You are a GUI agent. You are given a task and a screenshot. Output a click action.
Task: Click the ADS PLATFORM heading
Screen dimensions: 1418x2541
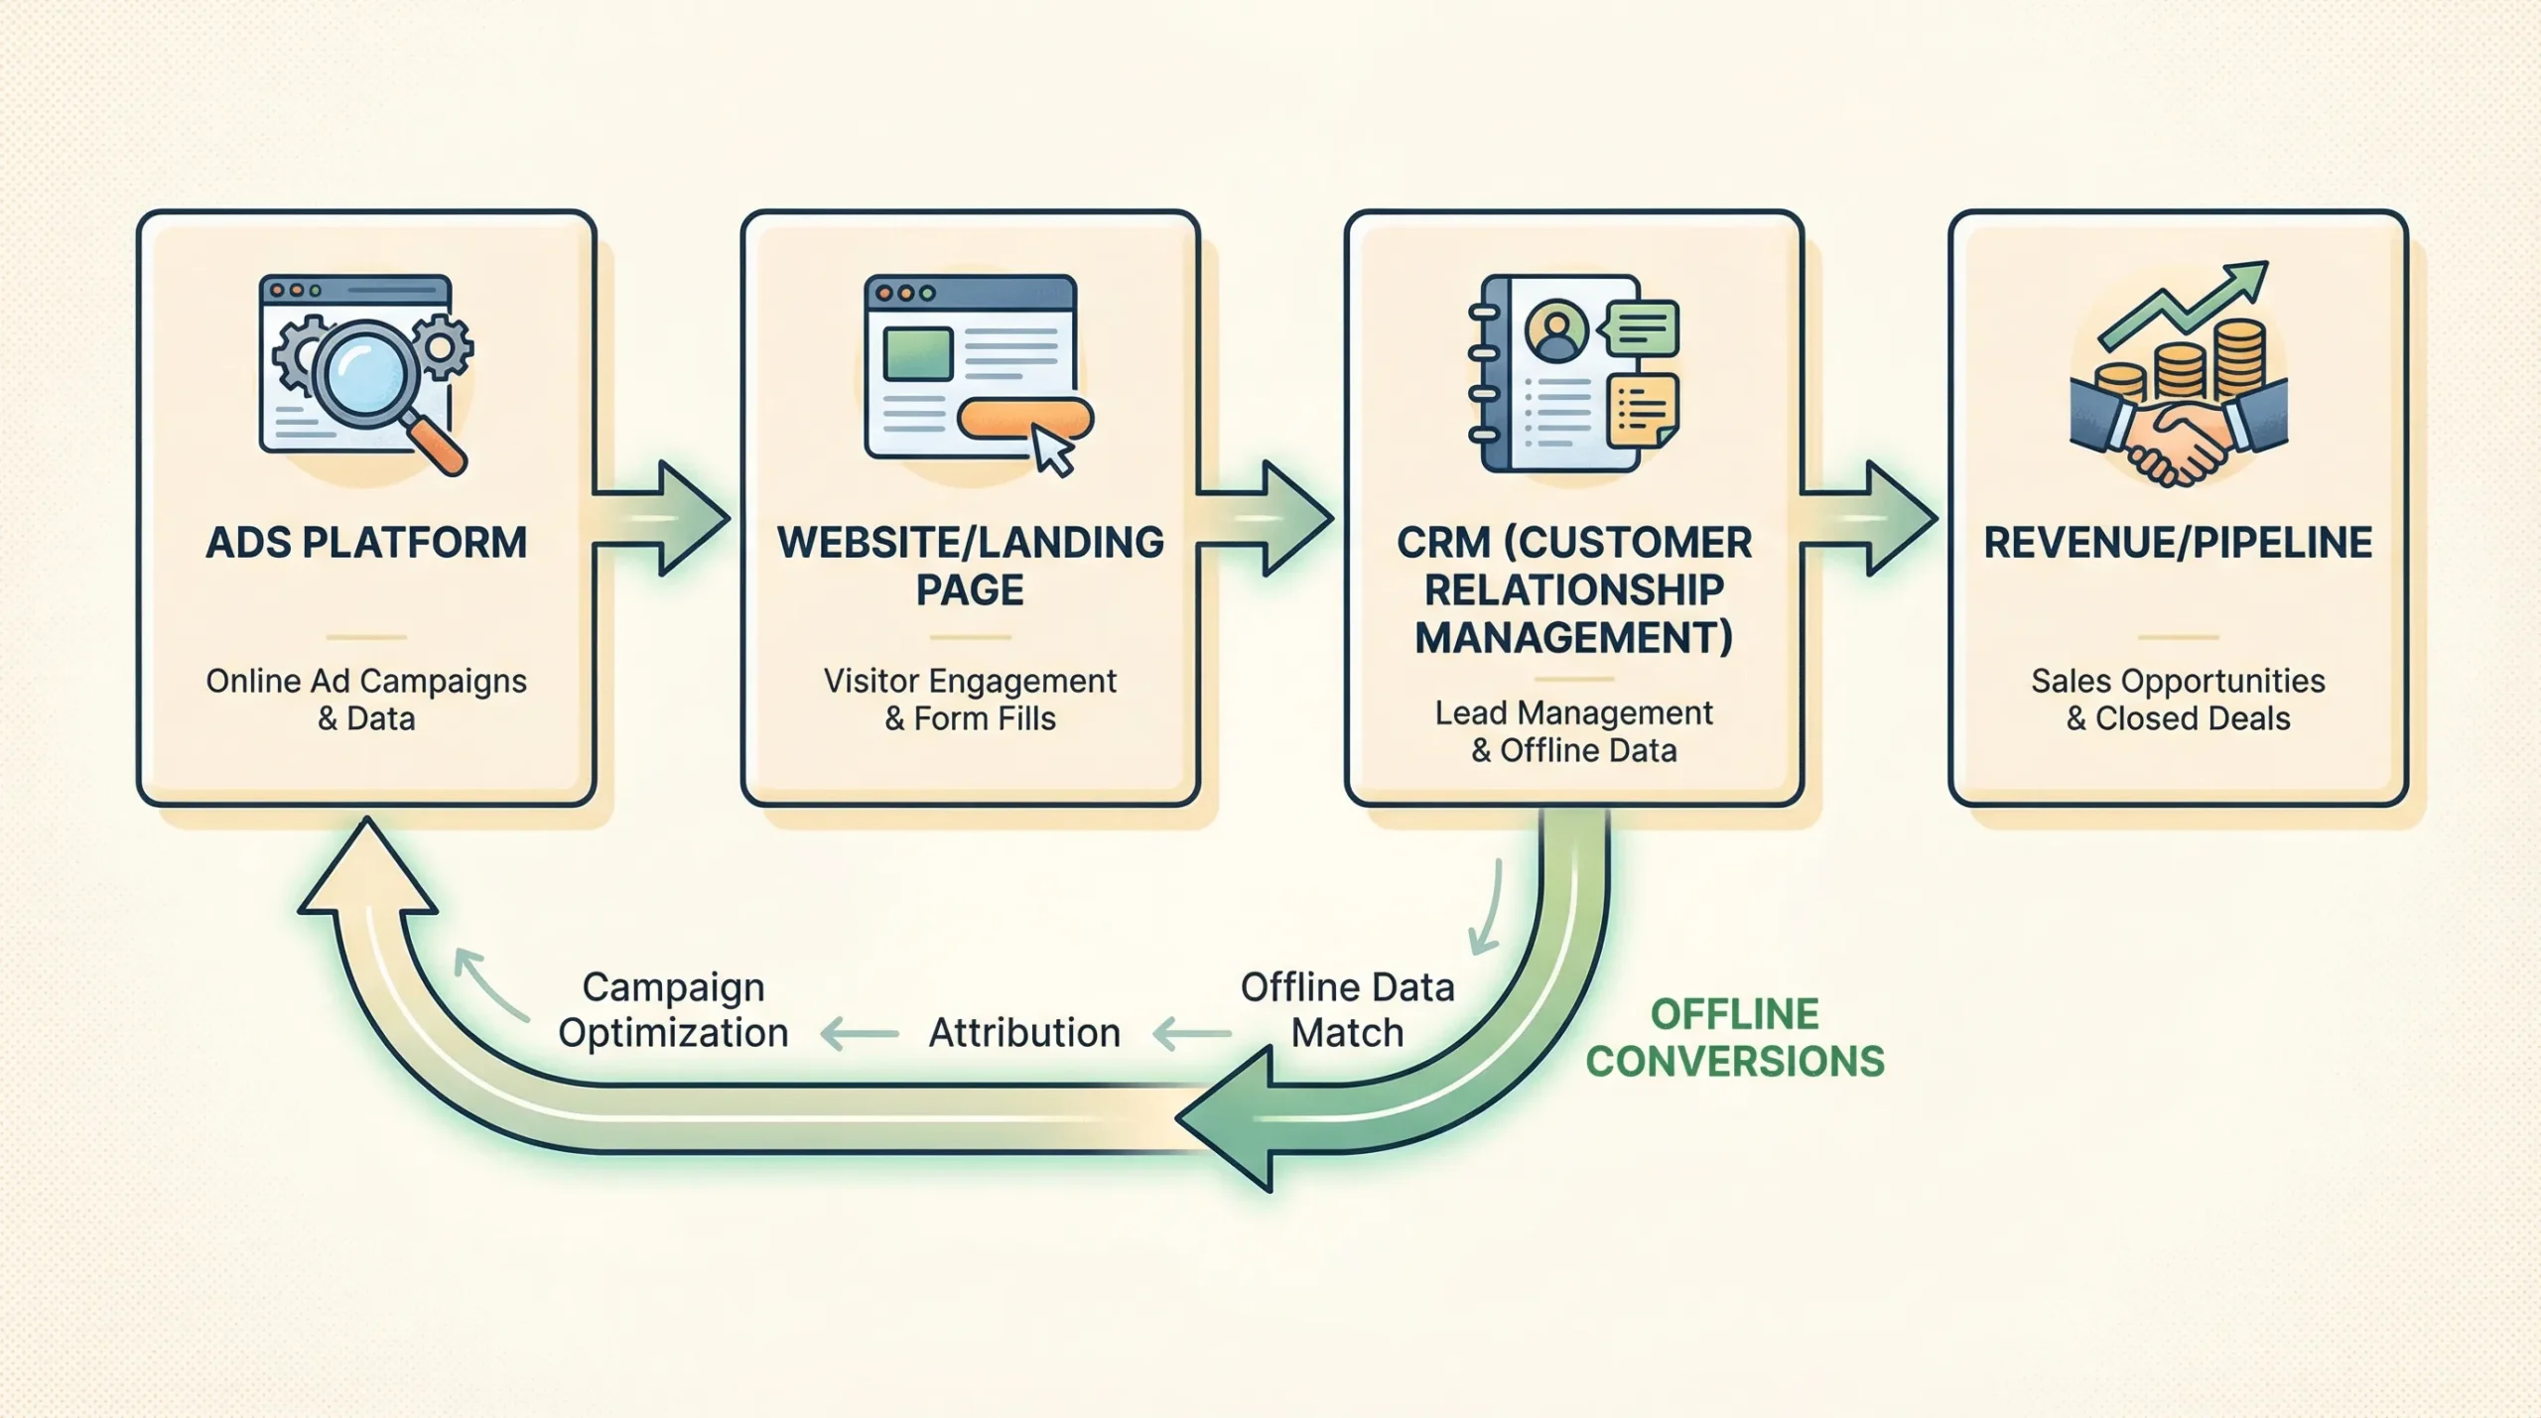[x=366, y=543]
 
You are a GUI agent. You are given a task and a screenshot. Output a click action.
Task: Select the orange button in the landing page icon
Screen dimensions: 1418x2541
[x=1023, y=419]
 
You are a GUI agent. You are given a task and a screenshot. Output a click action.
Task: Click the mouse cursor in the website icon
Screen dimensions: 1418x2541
[x=1052, y=451]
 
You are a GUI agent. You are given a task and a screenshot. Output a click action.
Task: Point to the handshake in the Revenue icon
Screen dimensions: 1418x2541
[x=2179, y=437]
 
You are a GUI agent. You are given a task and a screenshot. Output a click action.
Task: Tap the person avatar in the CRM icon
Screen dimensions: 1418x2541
[x=1556, y=331]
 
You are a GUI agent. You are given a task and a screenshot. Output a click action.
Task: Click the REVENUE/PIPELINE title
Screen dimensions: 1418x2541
[x=2178, y=543]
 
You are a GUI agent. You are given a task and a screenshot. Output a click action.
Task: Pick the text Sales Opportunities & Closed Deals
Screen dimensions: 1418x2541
[x=2178, y=700]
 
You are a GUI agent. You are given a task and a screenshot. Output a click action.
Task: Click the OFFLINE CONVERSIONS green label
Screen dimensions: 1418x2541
[x=1734, y=1038]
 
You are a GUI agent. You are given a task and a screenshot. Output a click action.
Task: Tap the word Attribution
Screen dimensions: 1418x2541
[x=1023, y=1033]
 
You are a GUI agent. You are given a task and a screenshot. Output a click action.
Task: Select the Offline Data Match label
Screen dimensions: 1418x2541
[x=1347, y=1010]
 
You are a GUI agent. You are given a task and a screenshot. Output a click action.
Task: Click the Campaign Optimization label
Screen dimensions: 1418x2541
[x=673, y=1010]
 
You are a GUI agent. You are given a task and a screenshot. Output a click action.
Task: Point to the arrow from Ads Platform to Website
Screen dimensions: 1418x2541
[x=663, y=518]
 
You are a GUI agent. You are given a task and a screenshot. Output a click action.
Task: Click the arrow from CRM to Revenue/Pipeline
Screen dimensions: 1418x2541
[x=1870, y=518]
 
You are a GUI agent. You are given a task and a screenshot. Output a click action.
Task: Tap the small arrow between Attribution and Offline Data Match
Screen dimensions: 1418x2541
[x=1191, y=1034]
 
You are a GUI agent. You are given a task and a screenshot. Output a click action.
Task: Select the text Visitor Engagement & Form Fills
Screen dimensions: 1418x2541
[x=970, y=700]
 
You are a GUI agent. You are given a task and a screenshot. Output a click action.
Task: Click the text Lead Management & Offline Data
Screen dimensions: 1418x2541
[x=1573, y=731]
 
